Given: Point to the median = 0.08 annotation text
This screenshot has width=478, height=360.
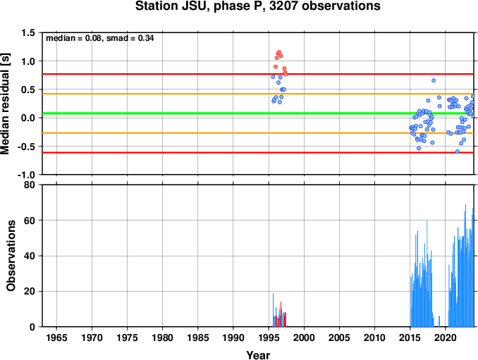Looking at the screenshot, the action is pos(73,38).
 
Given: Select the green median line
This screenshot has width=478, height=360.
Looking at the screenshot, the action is pos(258,113).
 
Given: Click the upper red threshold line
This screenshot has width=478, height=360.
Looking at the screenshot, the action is pos(258,74).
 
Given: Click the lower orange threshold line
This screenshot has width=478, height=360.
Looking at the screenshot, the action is pos(258,133).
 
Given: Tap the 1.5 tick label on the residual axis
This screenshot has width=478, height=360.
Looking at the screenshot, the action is pos(28,32).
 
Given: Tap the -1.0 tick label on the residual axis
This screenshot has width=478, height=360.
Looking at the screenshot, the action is pos(26,175).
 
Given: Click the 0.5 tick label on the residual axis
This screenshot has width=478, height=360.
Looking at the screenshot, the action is pos(28,89).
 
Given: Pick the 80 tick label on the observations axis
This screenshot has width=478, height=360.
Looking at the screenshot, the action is pos(30,185).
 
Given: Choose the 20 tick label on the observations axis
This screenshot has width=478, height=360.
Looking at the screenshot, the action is pos(30,292).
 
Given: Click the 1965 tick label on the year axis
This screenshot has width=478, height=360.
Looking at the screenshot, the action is pos(56,337).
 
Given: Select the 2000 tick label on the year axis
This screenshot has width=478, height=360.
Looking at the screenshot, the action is pos(304,337).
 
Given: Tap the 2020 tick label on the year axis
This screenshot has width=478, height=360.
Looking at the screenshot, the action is pos(446,337).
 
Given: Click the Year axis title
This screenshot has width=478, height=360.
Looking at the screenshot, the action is pos(258,355).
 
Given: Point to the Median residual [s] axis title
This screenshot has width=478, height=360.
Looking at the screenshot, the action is pos(5,104).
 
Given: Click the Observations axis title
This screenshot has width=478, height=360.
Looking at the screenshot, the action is pos(11,256).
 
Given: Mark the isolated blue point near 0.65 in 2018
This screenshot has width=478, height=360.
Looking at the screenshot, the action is pos(434,81).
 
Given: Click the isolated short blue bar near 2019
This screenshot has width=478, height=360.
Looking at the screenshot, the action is pos(439,321).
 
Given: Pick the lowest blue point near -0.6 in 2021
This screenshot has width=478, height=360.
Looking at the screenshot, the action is pos(458,151).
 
